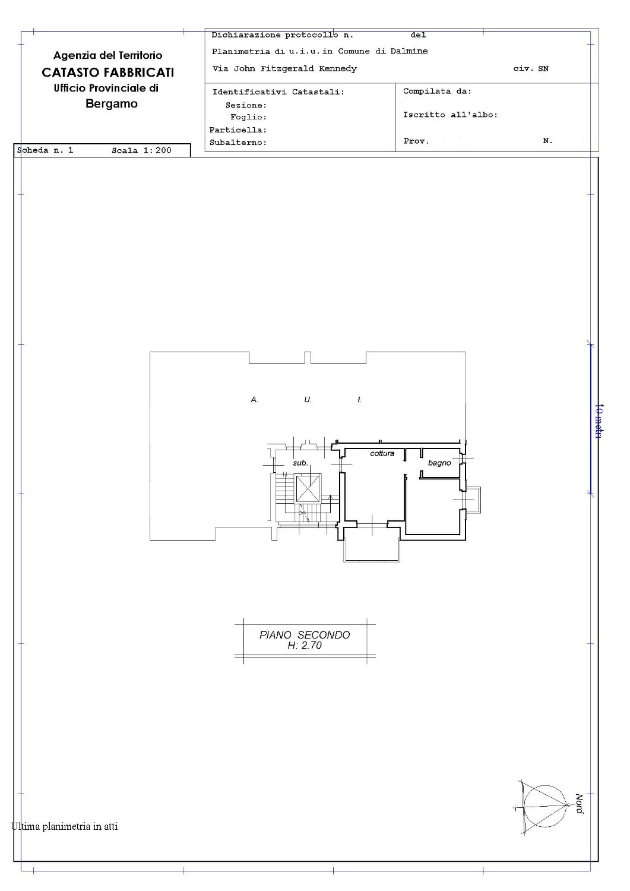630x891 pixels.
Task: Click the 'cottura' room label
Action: [382, 453]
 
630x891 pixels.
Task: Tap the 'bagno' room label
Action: [439, 463]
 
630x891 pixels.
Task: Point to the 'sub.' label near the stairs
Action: [300, 463]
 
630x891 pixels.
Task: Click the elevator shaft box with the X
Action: [307, 488]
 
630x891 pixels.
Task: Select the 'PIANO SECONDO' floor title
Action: [305, 635]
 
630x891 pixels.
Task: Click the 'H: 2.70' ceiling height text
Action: [305, 646]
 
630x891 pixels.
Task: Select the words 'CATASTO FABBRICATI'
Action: [108, 72]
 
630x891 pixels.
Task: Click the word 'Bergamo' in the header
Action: [112, 104]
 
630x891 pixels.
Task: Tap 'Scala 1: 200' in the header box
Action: [141, 150]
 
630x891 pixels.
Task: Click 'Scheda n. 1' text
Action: [45, 150]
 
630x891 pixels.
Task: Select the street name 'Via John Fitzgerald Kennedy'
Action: [284, 68]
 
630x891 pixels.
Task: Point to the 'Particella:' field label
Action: [238, 129]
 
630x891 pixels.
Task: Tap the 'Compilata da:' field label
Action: [437, 91]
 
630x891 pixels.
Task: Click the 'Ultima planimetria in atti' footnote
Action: [65, 826]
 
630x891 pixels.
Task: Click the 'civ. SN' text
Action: [531, 68]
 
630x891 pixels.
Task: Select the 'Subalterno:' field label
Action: [238, 143]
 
